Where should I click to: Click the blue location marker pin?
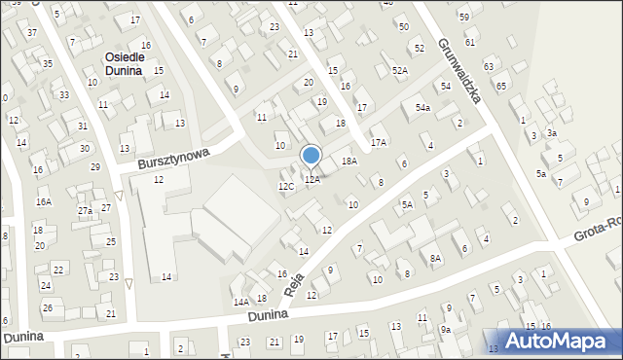[311, 156]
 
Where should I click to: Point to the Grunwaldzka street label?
[460, 71]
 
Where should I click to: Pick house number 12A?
[311, 180]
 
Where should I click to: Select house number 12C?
[286, 186]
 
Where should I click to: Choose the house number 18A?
[348, 162]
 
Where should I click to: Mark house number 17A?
[378, 142]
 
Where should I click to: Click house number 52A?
[399, 71]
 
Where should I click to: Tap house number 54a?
[422, 108]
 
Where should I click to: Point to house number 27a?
[85, 211]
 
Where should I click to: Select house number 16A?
[44, 202]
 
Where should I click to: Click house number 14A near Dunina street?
[240, 303]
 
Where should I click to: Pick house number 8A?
[436, 258]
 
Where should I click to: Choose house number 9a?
[445, 330]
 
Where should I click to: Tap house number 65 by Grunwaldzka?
[501, 87]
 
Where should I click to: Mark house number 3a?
[551, 133]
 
